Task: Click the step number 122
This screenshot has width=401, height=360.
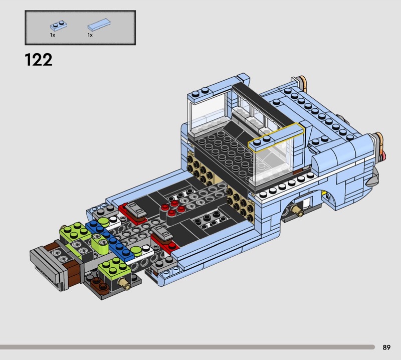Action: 39,60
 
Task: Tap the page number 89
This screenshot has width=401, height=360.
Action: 386,347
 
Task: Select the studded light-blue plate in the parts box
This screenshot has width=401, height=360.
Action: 59,25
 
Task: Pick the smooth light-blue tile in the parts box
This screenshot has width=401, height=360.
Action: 99,24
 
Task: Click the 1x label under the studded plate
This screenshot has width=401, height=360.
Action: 53,35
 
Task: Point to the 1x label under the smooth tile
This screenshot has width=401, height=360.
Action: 90,35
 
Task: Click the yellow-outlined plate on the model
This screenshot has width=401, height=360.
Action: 276,138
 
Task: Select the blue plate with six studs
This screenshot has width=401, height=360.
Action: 110,240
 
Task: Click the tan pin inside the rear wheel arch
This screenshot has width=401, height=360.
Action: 297,211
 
